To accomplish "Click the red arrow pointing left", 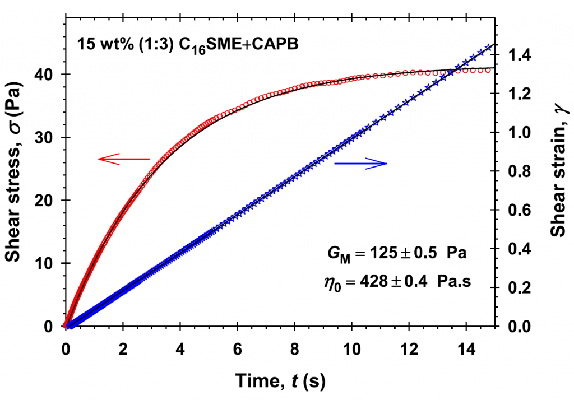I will point(124,160).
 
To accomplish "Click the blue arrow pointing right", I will point(360,164).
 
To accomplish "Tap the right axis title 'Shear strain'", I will point(558,168).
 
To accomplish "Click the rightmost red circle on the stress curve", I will point(487,70).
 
